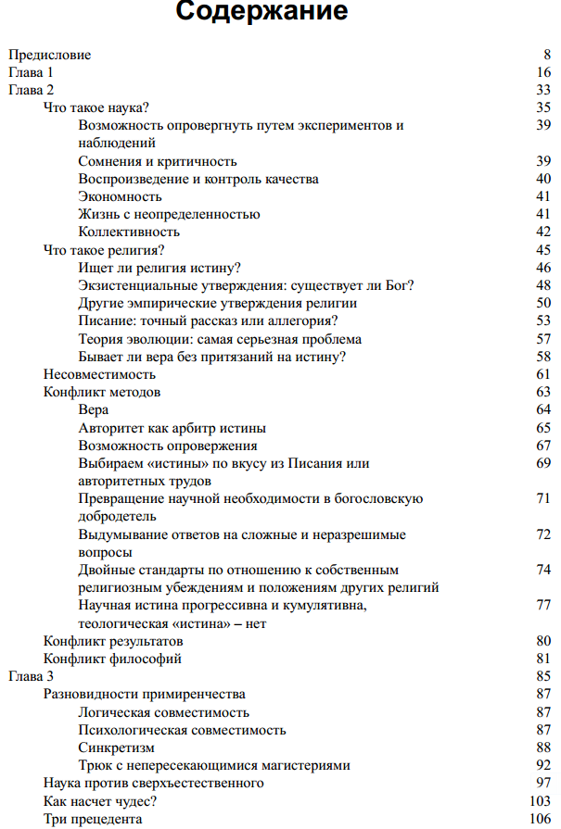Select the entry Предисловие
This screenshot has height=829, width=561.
[x=49, y=55]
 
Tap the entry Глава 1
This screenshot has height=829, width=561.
[x=32, y=72]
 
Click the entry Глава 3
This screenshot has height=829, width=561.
[x=32, y=676]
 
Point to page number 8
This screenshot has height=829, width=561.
[x=547, y=55]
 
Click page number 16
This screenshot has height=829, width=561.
[x=543, y=72]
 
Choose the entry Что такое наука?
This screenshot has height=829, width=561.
[x=96, y=107]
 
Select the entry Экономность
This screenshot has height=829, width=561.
[x=121, y=196]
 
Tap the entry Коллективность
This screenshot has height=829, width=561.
[x=129, y=232]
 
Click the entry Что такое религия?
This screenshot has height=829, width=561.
[x=104, y=250]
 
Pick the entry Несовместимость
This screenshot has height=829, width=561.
[x=99, y=374]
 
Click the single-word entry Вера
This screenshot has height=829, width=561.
[x=94, y=410]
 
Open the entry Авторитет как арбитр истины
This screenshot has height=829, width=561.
[x=172, y=428]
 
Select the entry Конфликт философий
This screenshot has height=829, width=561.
[x=112, y=659]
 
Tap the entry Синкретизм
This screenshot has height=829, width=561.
[x=117, y=747]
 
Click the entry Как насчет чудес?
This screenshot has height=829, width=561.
[x=100, y=801]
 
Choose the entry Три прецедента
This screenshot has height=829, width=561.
[x=93, y=819]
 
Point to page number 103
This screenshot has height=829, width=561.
[x=541, y=801]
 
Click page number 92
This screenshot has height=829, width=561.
[x=543, y=765]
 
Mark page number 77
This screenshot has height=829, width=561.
[x=543, y=606]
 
